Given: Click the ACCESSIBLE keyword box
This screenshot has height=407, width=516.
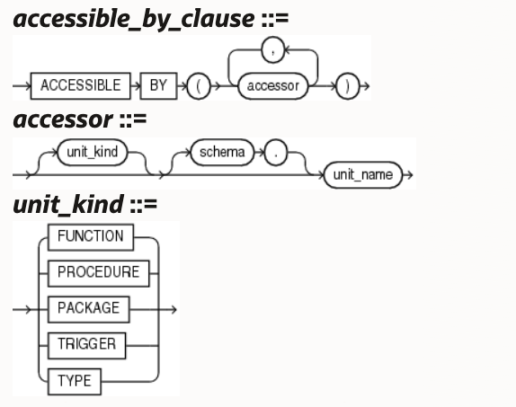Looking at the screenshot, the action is [80, 86].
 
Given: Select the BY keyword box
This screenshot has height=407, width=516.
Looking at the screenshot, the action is [158, 86].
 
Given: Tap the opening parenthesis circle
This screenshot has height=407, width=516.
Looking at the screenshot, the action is [199, 86].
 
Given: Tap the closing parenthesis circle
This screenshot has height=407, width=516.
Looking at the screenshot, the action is [348, 86].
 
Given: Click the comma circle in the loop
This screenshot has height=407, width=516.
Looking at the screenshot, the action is [272, 50].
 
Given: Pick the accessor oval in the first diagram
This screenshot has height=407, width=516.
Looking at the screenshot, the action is [272, 86].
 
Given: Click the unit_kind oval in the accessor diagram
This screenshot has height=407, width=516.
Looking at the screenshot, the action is [92, 153].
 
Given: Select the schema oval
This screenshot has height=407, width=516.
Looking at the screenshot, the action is [222, 153].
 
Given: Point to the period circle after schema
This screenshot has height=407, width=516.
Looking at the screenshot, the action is [276, 153].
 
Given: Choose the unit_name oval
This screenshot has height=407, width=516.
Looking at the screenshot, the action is [363, 175].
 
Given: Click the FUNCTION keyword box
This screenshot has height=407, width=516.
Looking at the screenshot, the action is [91, 237].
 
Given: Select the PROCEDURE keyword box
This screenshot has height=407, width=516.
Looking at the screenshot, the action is [98, 273].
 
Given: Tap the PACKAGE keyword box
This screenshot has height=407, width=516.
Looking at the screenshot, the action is [88, 310].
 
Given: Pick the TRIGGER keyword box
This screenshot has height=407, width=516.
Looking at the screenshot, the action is [86, 346].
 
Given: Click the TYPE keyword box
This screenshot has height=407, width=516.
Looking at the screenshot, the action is [75, 382].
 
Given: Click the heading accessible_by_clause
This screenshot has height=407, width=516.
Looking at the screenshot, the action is [134, 20].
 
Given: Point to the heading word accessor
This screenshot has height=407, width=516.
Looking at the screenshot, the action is [63, 119].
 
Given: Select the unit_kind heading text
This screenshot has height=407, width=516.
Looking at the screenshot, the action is [68, 205].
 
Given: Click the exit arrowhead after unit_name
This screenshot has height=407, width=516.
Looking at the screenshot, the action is [410, 175].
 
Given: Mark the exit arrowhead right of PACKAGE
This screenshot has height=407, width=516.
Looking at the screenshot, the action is [173, 310].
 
